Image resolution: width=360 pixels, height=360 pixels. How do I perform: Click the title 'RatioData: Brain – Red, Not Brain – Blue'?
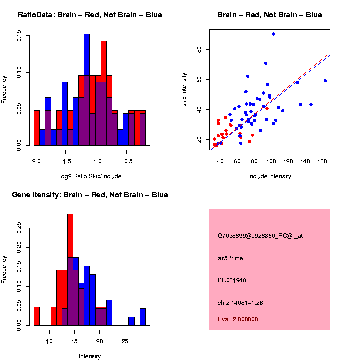pyautogui.click(x=90, y=15)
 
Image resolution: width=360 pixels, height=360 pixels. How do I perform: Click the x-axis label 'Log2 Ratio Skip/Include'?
pyautogui.click(x=90, y=176)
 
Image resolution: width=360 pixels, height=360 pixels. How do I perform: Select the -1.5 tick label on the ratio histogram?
pyautogui.click(x=65, y=161)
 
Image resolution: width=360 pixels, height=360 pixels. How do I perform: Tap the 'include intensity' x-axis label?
pyautogui.click(x=270, y=176)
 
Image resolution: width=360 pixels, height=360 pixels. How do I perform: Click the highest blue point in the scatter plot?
pyautogui.click(x=273, y=34)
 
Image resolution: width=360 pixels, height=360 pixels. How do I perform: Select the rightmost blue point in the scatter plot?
pyautogui.click(x=325, y=81)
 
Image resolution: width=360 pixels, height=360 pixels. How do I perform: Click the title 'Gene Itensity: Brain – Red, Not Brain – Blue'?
pyautogui.click(x=90, y=195)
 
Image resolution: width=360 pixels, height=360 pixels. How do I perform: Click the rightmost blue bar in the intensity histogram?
pyautogui.click(x=143, y=317)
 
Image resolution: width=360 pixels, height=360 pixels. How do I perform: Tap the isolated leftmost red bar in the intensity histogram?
pyautogui.click(x=37, y=316)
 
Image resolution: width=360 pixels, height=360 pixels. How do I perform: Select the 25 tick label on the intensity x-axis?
pyautogui.click(x=124, y=341)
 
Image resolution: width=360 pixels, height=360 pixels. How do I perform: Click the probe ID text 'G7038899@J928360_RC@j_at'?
pyautogui.click(x=260, y=236)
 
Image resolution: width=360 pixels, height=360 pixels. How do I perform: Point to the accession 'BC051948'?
pyautogui.click(x=232, y=280)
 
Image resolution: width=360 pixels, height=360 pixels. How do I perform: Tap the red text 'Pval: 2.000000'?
pyautogui.click(x=238, y=319)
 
